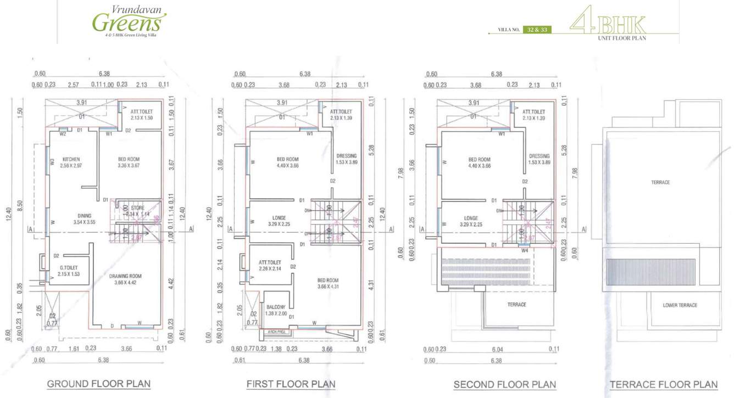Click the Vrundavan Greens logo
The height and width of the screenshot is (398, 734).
(130, 20)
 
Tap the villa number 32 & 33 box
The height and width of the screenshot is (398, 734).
(537, 29)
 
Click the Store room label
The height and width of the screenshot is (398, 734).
(137, 208)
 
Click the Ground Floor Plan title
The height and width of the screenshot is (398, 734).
(99, 384)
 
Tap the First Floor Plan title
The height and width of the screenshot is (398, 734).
(291, 384)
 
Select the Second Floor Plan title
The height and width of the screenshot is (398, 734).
(504, 384)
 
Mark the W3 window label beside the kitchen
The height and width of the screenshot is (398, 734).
(52, 161)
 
